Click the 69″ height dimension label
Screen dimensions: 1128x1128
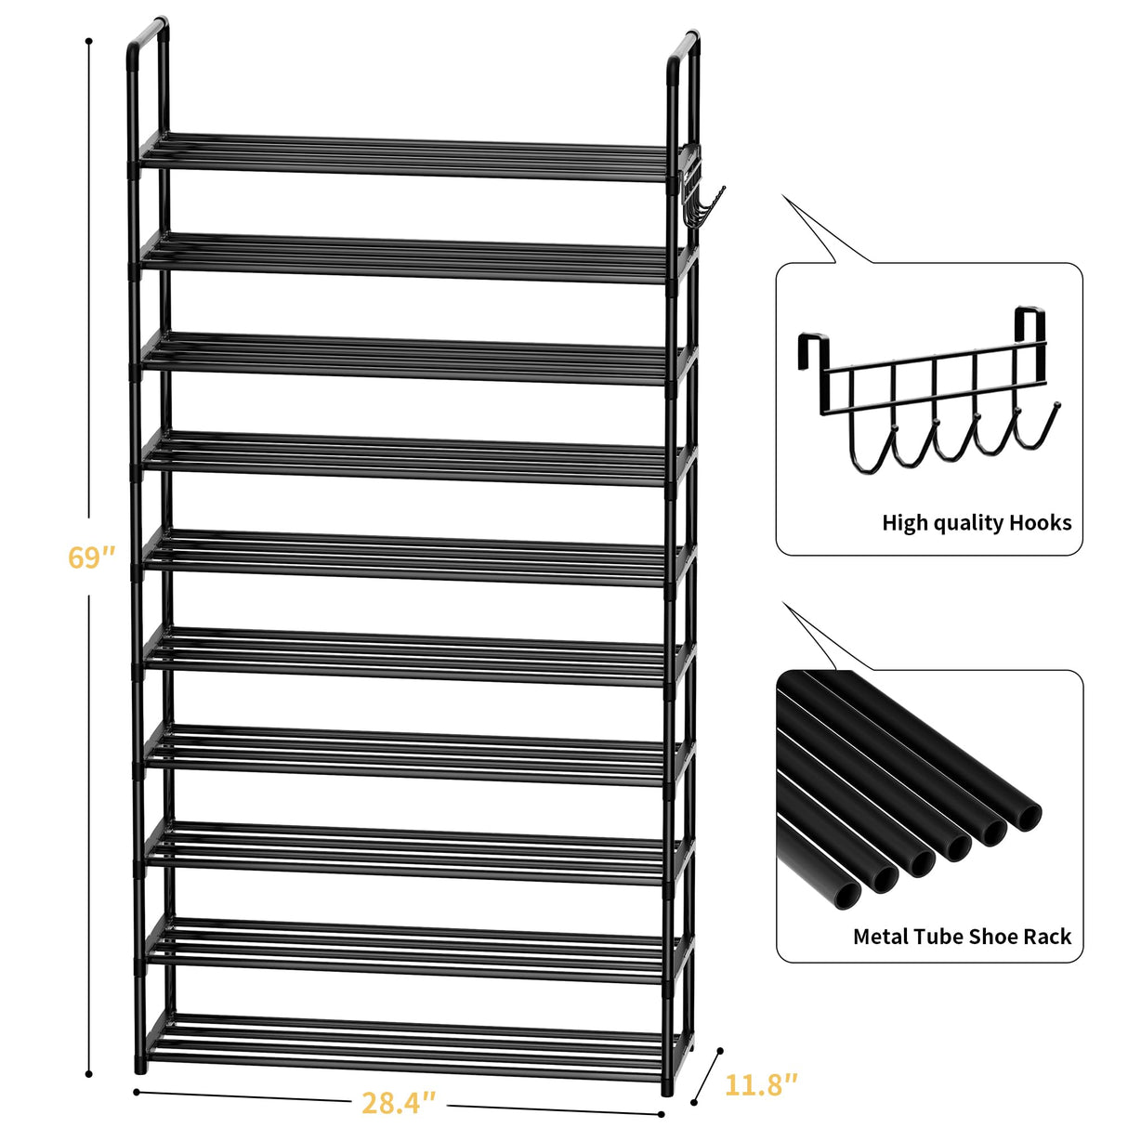pyautogui.click(x=91, y=557)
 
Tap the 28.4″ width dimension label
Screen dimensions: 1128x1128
pyautogui.click(x=399, y=1103)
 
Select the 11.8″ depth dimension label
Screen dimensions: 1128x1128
pyautogui.click(x=761, y=1084)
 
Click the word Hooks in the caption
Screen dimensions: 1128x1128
pyautogui.click(x=1040, y=523)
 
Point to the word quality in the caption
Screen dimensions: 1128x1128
pyautogui.click(x=965, y=524)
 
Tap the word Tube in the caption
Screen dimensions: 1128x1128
pyautogui.click(x=939, y=937)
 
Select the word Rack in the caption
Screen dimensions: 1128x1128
pyautogui.click(x=1047, y=937)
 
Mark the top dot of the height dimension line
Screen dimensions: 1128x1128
pyautogui.click(x=89, y=42)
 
